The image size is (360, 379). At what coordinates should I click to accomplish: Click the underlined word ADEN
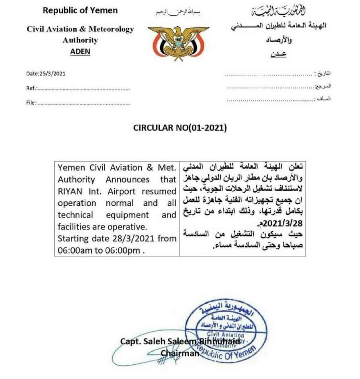tap(80, 51)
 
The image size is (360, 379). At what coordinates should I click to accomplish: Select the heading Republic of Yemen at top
tap(80, 10)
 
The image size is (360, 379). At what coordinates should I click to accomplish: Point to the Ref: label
tap(31, 88)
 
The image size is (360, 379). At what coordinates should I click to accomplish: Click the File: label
tap(31, 103)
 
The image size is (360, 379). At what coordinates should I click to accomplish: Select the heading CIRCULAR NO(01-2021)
tap(180, 128)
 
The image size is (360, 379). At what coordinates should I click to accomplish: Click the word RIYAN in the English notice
tap(69, 192)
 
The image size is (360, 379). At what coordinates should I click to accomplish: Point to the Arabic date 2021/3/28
tap(284, 223)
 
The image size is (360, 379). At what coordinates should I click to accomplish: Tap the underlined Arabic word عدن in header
tap(279, 54)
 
